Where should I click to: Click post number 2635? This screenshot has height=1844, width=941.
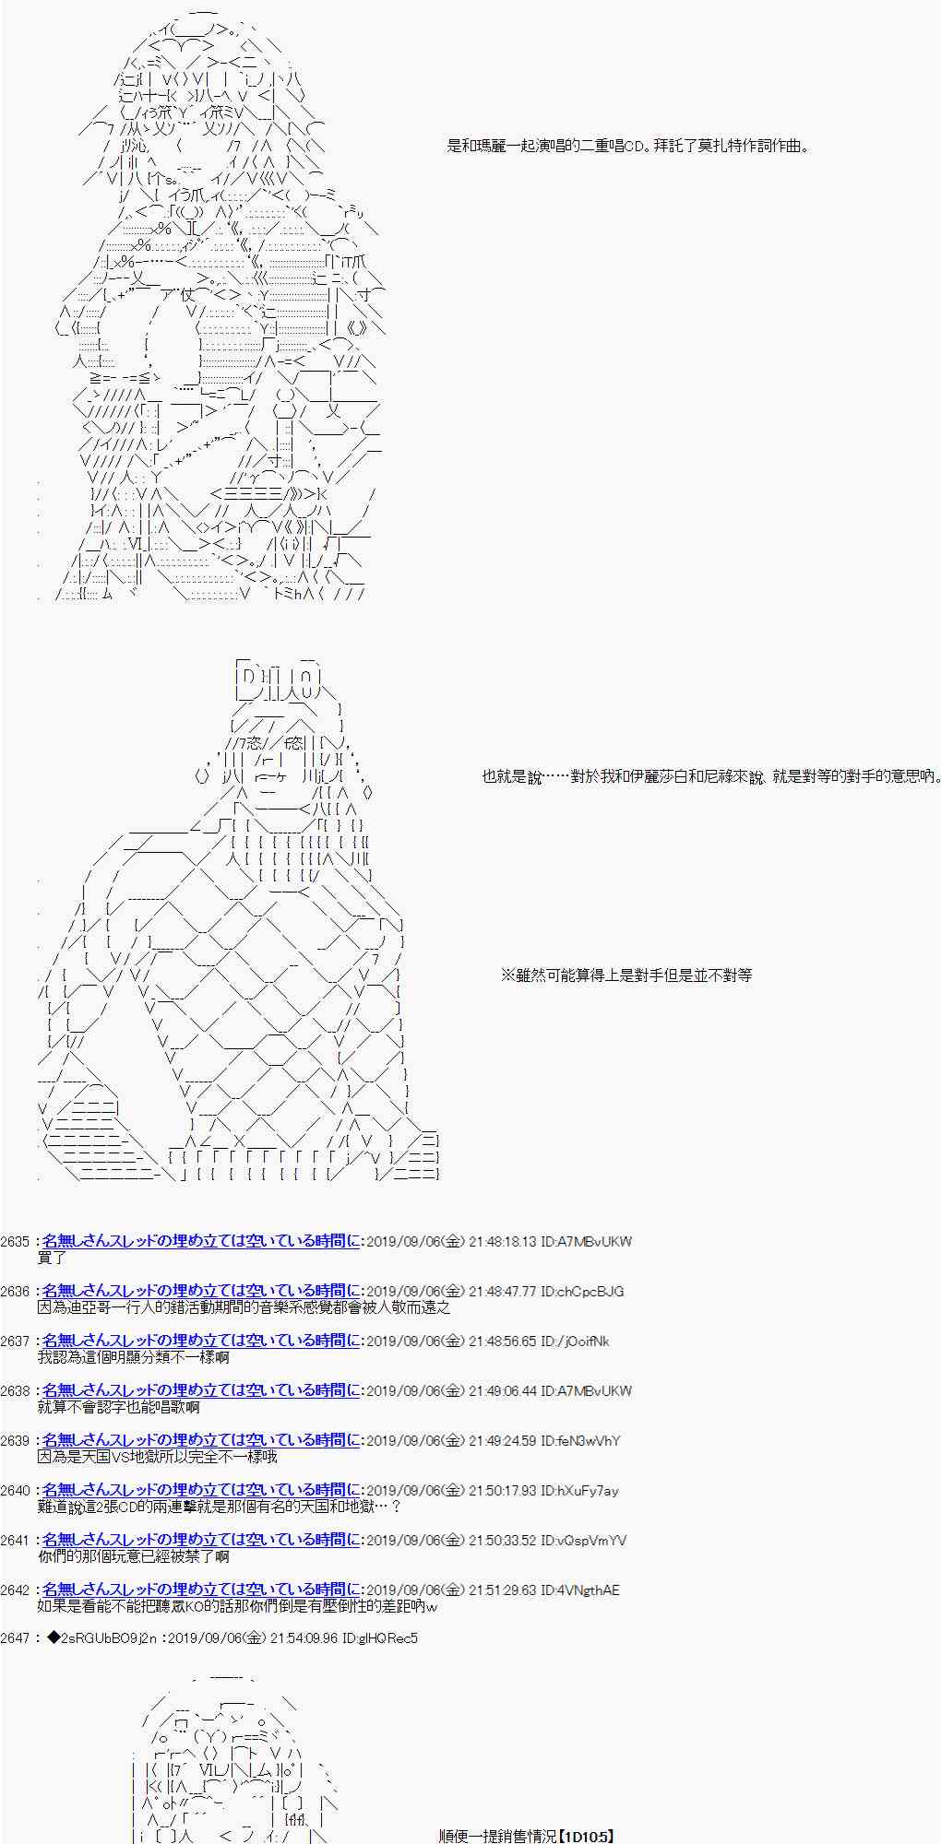[x=16, y=1242]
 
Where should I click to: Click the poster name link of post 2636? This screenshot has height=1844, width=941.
[x=201, y=1292]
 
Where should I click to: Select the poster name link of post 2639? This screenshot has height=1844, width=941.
[x=201, y=1441]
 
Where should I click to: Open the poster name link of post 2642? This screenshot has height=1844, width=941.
[x=201, y=1590]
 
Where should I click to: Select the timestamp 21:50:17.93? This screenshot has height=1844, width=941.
[x=502, y=1491]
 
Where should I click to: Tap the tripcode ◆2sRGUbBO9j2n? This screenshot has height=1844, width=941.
[x=98, y=1638]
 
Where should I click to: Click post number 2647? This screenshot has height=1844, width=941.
[x=16, y=1638]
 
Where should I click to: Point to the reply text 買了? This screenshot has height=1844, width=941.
[x=52, y=1258]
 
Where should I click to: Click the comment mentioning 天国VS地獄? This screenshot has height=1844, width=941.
[x=158, y=1457]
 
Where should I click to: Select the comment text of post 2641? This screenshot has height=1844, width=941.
[x=134, y=1556]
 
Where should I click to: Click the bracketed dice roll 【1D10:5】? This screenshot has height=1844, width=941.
[x=571, y=1837]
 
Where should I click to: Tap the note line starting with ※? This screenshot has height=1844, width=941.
[x=626, y=975]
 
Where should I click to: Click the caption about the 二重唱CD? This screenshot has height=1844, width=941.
[x=628, y=146]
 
